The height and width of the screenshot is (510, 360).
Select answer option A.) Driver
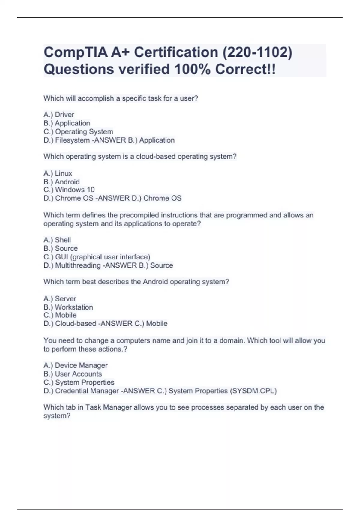coord(59,115)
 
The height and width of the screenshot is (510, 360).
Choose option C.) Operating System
coord(78,132)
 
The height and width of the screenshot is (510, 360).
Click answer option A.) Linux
coord(58,173)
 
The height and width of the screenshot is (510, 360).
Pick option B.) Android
coord(61,182)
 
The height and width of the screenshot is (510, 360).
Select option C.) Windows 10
coord(69,190)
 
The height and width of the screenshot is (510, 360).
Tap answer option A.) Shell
coord(57,240)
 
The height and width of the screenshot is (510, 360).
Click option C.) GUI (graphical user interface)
coord(97,257)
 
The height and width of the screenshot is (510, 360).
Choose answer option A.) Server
coord(60,299)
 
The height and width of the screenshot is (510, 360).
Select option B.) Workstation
coord(68,307)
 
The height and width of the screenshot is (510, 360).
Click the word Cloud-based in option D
coord(76,324)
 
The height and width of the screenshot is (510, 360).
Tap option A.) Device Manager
coord(76,365)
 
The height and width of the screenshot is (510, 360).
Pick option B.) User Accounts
coord(73,374)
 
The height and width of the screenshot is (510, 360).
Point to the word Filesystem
coord(72,140)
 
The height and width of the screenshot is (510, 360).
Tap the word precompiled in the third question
coord(139,215)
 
